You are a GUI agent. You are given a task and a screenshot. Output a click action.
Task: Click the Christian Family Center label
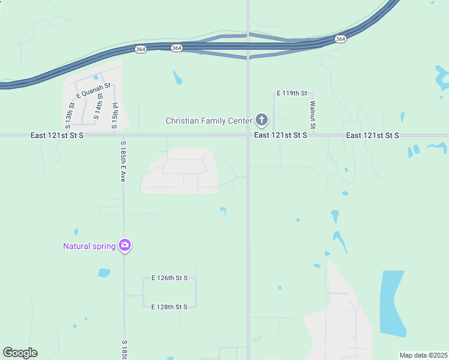(208, 121)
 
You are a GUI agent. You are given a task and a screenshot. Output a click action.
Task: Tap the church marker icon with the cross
(261, 120)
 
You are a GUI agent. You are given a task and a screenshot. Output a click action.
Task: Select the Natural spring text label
(89, 246)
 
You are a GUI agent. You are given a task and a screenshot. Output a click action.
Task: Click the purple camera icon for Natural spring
(125, 245)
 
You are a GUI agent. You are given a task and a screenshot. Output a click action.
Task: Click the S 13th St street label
(69, 116)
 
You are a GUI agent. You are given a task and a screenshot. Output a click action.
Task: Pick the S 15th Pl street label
(115, 116)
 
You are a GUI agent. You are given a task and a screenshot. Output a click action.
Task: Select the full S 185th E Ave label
(122, 162)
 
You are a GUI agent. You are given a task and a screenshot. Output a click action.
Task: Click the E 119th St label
(292, 94)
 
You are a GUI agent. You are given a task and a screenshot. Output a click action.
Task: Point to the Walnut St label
(313, 115)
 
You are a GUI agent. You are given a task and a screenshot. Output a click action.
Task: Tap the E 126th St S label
(169, 278)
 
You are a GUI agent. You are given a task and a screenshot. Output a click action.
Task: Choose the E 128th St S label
(169, 307)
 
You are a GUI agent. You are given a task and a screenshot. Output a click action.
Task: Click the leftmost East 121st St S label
(57, 136)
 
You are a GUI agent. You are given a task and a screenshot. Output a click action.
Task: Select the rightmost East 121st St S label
(372, 136)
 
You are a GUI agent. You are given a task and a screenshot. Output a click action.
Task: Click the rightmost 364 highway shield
(340, 39)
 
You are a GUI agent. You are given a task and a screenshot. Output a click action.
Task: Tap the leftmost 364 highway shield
(140, 49)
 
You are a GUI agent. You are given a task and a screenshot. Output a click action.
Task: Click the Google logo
(20, 353)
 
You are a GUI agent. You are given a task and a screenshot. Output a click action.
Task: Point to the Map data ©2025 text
(423, 355)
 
